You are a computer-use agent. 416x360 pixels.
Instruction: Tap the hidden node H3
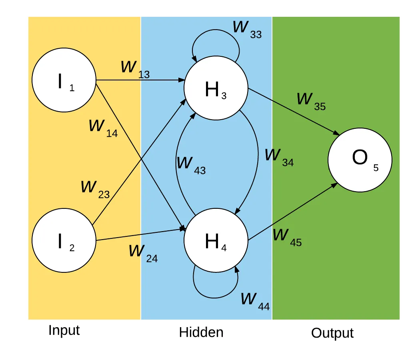[x=216, y=88]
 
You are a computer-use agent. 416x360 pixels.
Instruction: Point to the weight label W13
[x=135, y=69]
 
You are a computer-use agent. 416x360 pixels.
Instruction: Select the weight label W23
[x=95, y=189]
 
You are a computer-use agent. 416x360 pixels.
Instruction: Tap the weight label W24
[x=143, y=253]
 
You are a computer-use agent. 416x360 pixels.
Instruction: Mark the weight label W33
[x=247, y=29]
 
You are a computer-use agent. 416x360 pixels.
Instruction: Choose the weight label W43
[x=191, y=165]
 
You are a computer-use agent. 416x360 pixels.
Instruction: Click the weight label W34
[x=279, y=157]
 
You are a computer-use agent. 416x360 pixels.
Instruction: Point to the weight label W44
[x=255, y=301]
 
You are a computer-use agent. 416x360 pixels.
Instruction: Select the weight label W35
[x=311, y=100]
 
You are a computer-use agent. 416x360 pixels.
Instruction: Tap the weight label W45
[x=287, y=237]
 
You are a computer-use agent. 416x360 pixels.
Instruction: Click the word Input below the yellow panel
[x=64, y=330]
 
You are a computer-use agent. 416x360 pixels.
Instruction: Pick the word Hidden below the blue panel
[x=201, y=332]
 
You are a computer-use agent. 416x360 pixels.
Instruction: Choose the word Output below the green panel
[x=332, y=333]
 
